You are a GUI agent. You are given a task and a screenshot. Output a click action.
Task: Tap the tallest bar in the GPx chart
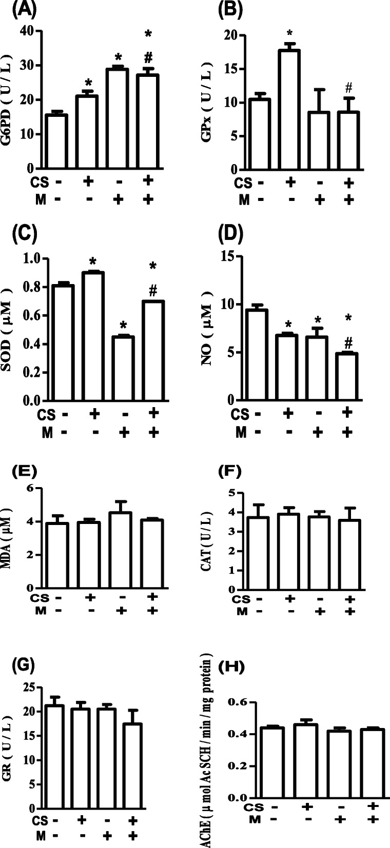point(290,110)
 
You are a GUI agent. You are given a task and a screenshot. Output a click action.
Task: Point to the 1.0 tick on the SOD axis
point(27,258)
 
